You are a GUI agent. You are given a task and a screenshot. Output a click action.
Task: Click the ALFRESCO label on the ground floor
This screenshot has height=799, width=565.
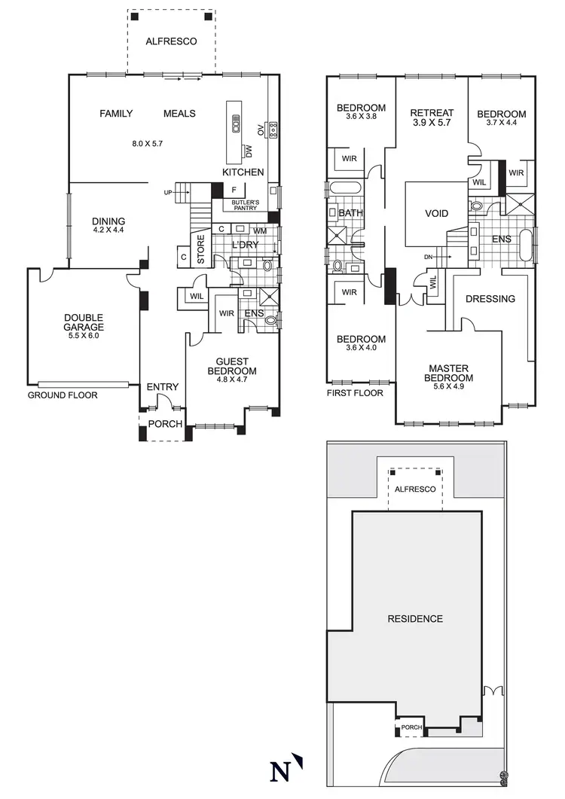(x=171, y=41)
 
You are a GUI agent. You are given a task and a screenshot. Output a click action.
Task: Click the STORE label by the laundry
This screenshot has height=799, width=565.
(x=201, y=252)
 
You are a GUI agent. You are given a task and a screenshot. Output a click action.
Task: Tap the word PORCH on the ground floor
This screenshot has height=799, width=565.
(x=164, y=424)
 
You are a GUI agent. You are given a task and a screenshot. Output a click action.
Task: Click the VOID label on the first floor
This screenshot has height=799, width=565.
(x=436, y=213)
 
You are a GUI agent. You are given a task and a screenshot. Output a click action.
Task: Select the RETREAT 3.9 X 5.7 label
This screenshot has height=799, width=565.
(x=430, y=117)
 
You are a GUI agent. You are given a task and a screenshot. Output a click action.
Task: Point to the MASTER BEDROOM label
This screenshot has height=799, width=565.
(x=448, y=373)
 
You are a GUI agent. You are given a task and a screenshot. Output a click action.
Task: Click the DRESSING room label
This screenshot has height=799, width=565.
(x=490, y=299)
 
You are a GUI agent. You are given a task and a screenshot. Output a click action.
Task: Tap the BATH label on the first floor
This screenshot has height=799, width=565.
(x=350, y=213)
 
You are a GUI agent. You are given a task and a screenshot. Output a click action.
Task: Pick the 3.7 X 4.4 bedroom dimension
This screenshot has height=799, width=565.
(x=501, y=123)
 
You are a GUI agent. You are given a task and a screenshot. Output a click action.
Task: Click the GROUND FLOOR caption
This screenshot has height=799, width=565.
(x=63, y=395)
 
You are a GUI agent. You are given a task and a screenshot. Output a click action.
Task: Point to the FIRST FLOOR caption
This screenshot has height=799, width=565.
(x=355, y=393)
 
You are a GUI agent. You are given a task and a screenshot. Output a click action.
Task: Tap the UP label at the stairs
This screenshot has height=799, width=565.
(x=167, y=193)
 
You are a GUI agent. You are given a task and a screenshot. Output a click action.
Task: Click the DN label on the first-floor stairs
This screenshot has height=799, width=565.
(x=428, y=258)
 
